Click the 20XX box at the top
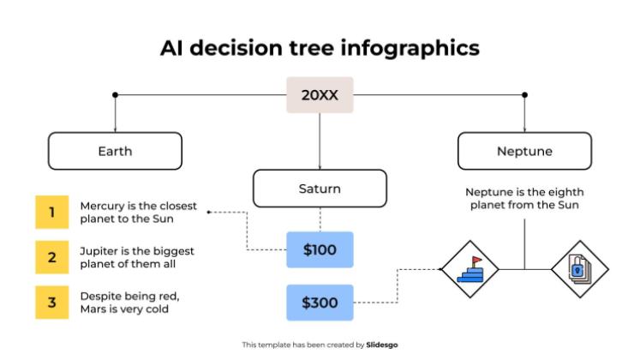(x=320, y=95)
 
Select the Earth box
(x=115, y=151)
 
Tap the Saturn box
(x=320, y=189)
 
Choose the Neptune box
(x=524, y=151)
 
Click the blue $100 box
(x=320, y=250)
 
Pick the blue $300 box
(x=320, y=303)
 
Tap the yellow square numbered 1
(x=51, y=212)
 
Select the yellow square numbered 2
(x=51, y=256)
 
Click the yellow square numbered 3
(x=51, y=302)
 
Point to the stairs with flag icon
(x=469, y=269)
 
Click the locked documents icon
(x=579, y=269)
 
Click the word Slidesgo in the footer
(x=382, y=345)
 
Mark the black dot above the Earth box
(x=115, y=95)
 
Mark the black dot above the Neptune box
(x=524, y=95)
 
